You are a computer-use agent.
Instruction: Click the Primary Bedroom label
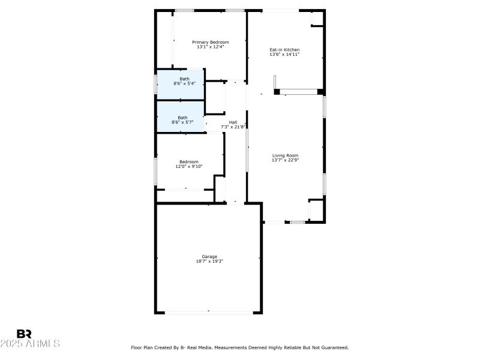coord(210,42)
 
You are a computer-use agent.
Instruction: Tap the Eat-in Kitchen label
coord(284,50)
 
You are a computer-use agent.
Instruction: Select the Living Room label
coord(285,155)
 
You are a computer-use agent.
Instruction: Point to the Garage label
coord(209,256)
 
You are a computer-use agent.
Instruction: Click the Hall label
coord(233,122)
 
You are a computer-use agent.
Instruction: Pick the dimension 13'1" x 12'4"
coord(210,47)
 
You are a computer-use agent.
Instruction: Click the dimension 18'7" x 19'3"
coord(209,261)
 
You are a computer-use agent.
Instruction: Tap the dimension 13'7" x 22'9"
coord(285,160)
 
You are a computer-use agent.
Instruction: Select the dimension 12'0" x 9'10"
coord(189,166)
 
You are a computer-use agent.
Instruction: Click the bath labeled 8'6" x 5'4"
coord(184,83)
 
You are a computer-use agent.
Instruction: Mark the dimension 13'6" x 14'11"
coord(284,55)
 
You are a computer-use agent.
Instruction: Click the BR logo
coord(24,334)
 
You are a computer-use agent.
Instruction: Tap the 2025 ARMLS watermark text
coord(30,344)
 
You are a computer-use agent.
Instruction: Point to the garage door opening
coord(209,311)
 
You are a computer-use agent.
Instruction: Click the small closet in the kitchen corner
coord(316,19)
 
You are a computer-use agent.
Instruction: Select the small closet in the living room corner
coord(316,210)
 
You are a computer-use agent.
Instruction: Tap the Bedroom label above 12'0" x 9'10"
coord(189,161)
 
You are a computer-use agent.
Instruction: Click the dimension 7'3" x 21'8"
coord(233,127)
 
